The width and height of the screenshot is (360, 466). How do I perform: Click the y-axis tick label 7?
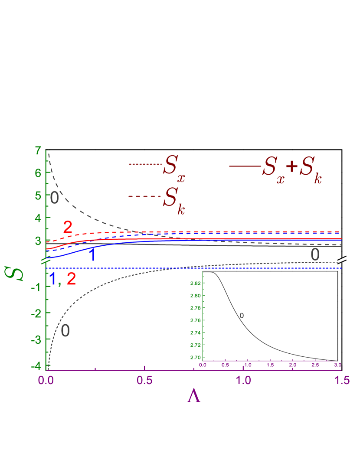click(x=38, y=151)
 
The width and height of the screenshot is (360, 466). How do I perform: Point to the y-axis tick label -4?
click(x=37, y=366)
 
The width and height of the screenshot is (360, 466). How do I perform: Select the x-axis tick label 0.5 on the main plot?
click(x=145, y=381)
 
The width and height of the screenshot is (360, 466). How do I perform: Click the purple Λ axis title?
click(x=194, y=396)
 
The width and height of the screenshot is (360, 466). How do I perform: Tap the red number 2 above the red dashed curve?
click(x=68, y=227)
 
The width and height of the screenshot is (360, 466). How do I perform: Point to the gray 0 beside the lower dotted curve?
click(x=65, y=331)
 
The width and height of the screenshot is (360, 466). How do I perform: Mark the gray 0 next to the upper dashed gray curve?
click(x=54, y=198)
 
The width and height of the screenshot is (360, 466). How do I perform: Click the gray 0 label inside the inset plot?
click(x=242, y=316)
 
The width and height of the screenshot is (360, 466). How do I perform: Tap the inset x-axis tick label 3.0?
click(x=337, y=365)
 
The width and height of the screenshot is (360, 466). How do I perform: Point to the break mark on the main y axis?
click(x=46, y=261)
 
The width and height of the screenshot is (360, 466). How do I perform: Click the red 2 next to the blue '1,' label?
click(x=71, y=279)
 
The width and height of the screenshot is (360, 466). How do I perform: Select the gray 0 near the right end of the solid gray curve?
click(x=315, y=255)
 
